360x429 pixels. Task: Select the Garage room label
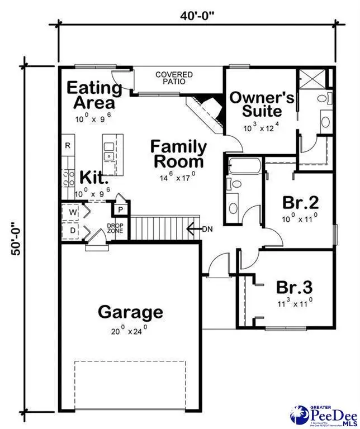pyautogui.click(x=130, y=312)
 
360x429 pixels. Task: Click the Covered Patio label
pyautogui.click(x=174, y=78)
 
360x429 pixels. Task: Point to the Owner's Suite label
pyautogui.click(x=262, y=104)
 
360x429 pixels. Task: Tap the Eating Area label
pyautogui.click(x=94, y=95)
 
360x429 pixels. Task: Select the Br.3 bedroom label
pyautogui.click(x=295, y=287)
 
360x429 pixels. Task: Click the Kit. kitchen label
pyautogui.click(x=93, y=178)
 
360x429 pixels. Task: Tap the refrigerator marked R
pyautogui.click(x=68, y=146)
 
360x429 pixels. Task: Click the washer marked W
pyautogui.click(x=73, y=212)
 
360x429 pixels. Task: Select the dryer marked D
pyautogui.click(x=73, y=230)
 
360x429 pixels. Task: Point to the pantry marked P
pyautogui.click(x=120, y=210)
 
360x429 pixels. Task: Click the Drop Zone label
pyautogui.click(x=115, y=228)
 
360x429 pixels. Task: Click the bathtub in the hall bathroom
pyautogui.click(x=244, y=166)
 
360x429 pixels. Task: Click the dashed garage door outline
pyautogui.click(x=130, y=385)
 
